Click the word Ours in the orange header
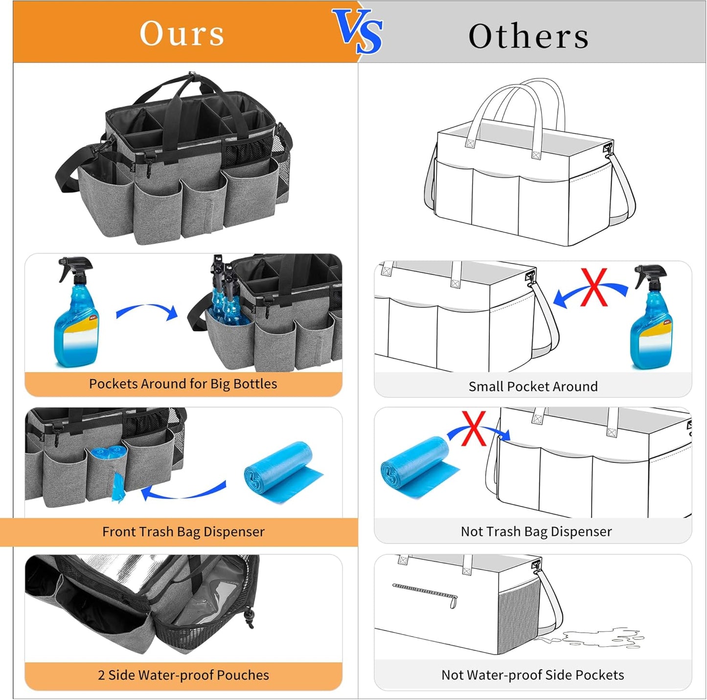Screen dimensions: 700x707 [182, 34]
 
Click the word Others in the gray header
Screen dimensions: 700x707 [528, 36]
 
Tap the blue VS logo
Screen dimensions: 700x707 [358, 31]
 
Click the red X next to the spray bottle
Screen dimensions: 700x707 [594, 287]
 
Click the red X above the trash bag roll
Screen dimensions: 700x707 [474, 428]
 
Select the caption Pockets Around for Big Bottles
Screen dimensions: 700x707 [183, 384]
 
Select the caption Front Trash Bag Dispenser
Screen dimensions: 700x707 [183, 531]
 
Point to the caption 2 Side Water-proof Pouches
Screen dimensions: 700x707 [183, 675]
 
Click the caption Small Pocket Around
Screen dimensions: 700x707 [533, 386]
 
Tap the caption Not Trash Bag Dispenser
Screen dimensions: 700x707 [536, 531]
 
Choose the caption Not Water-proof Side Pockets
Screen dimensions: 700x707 [532, 675]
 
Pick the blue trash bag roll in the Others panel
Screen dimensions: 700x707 [418, 467]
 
